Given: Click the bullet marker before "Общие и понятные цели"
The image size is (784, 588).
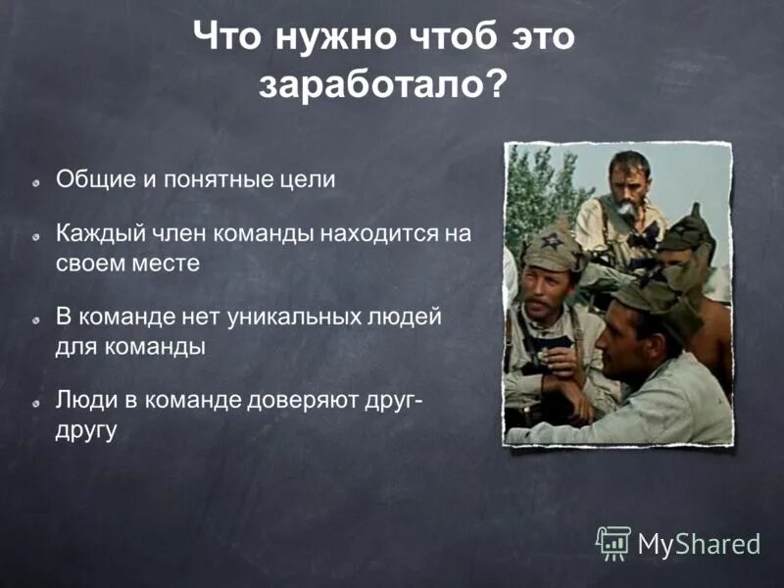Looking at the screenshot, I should (x=35, y=181).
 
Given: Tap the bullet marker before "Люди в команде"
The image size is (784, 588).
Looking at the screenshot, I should (x=35, y=404).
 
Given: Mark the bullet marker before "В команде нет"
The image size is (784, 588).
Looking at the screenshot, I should (x=35, y=319).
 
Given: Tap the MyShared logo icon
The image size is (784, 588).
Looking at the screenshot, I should (x=613, y=542).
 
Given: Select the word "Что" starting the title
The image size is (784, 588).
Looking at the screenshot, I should (x=227, y=38).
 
